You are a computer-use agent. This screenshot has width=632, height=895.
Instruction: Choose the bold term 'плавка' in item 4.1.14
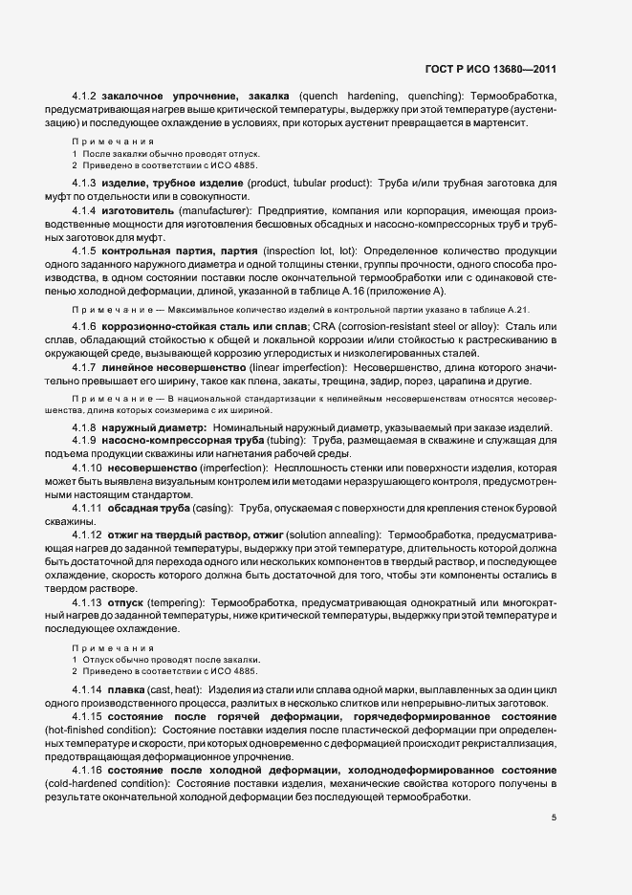[128, 689]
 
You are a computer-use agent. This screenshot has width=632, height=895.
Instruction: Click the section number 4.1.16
[88, 769]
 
